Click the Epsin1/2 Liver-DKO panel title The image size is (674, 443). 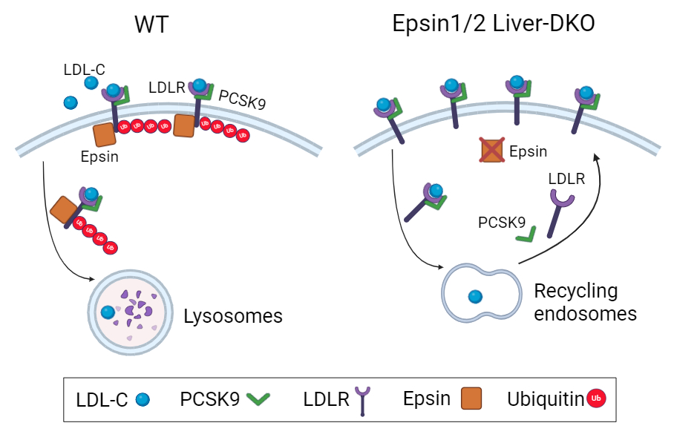point(494,24)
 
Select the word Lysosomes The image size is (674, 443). point(233,316)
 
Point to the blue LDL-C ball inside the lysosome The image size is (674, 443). point(108,312)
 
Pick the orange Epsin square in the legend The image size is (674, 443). point(471,398)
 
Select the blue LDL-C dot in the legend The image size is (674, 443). point(143,400)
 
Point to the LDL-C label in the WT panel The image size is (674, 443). point(84,69)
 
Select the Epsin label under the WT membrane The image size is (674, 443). point(99,157)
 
